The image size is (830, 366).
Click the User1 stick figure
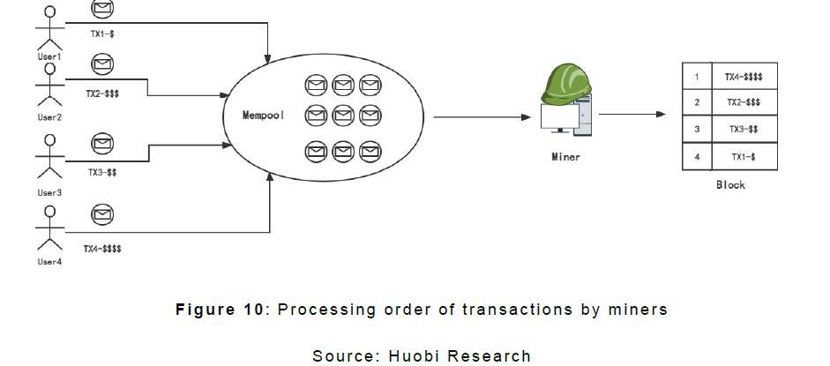49,28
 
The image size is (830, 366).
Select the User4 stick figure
49,227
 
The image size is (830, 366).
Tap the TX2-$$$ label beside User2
102,92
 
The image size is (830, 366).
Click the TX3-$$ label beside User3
102,173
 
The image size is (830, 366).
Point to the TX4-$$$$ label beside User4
102,250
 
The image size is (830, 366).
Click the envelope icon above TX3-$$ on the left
102,143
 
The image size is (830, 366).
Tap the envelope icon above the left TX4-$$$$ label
102,214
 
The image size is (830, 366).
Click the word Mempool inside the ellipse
264,116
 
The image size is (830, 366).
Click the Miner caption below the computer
565,157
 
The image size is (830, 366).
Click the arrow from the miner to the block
632,114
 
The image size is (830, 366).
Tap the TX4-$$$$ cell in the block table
744,77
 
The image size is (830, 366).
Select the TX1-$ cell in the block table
744,156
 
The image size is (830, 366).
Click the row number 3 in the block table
697,130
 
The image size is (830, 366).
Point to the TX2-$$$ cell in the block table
744,103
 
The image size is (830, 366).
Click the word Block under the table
730,185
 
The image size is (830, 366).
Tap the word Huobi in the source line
415,355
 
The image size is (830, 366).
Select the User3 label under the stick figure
49,192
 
